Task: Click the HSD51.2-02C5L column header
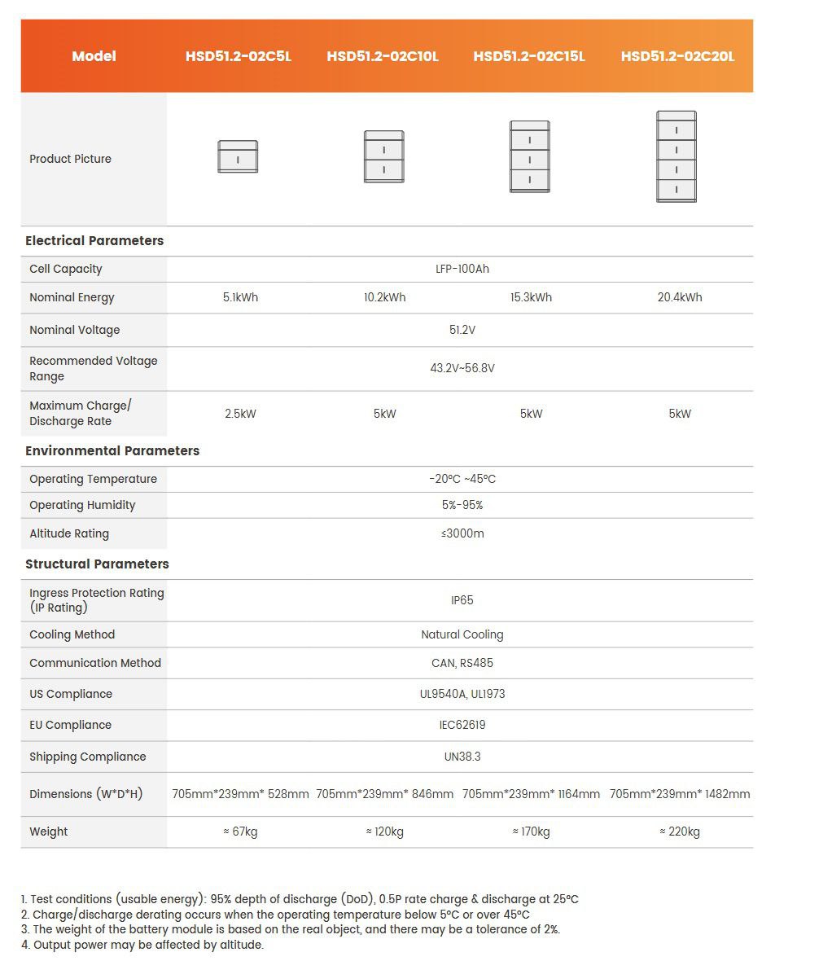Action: pyautogui.click(x=238, y=56)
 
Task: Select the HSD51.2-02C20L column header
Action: pyautogui.click(x=677, y=56)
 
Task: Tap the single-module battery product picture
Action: pyautogui.click(x=238, y=156)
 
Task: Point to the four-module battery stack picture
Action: pyautogui.click(x=677, y=156)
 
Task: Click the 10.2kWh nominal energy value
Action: pyautogui.click(x=384, y=297)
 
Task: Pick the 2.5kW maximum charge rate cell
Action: pyautogui.click(x=240, y=414)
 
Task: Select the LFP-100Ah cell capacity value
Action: pyautogui.click(x=462, y=269)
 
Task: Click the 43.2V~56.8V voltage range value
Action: pyautogui.click(x=462, y=368)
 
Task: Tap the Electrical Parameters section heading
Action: pyautogui.click(x=94, y=240)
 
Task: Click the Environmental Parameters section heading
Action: pyautogui.click(x=112, y=450)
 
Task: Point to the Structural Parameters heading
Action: pyautogui.click(x=97, y=564)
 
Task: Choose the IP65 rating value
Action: pyautogui.click(x=462, y=600)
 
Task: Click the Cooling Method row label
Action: pyautogui.click(x=72, y=634)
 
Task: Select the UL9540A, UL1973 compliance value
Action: pyautogui.click(x=462, y=694)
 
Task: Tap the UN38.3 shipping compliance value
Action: pyautogui.click(x=462, y=757)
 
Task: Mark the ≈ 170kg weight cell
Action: pyautogui.click(x=531, y=832)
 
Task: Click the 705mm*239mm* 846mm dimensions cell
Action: pyautogui.click(x=384, y=794)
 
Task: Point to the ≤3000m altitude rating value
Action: pyautogui.click(x=462, y=533)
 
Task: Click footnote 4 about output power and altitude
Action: pyautogui.click(x=142, y=945)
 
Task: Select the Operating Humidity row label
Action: pyautogui.click(x=82, y=505)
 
